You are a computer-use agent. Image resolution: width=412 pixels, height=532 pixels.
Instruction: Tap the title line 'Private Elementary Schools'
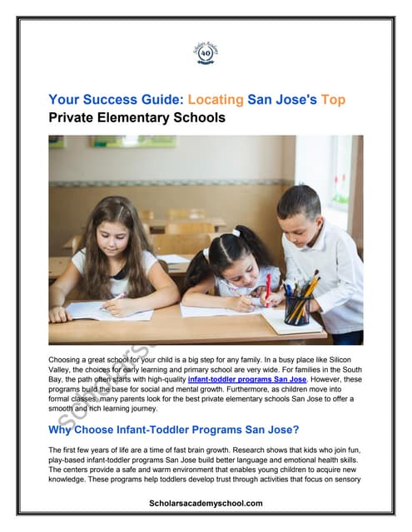[137, 118]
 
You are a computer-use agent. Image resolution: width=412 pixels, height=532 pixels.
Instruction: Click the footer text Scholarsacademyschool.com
[206, 503]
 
